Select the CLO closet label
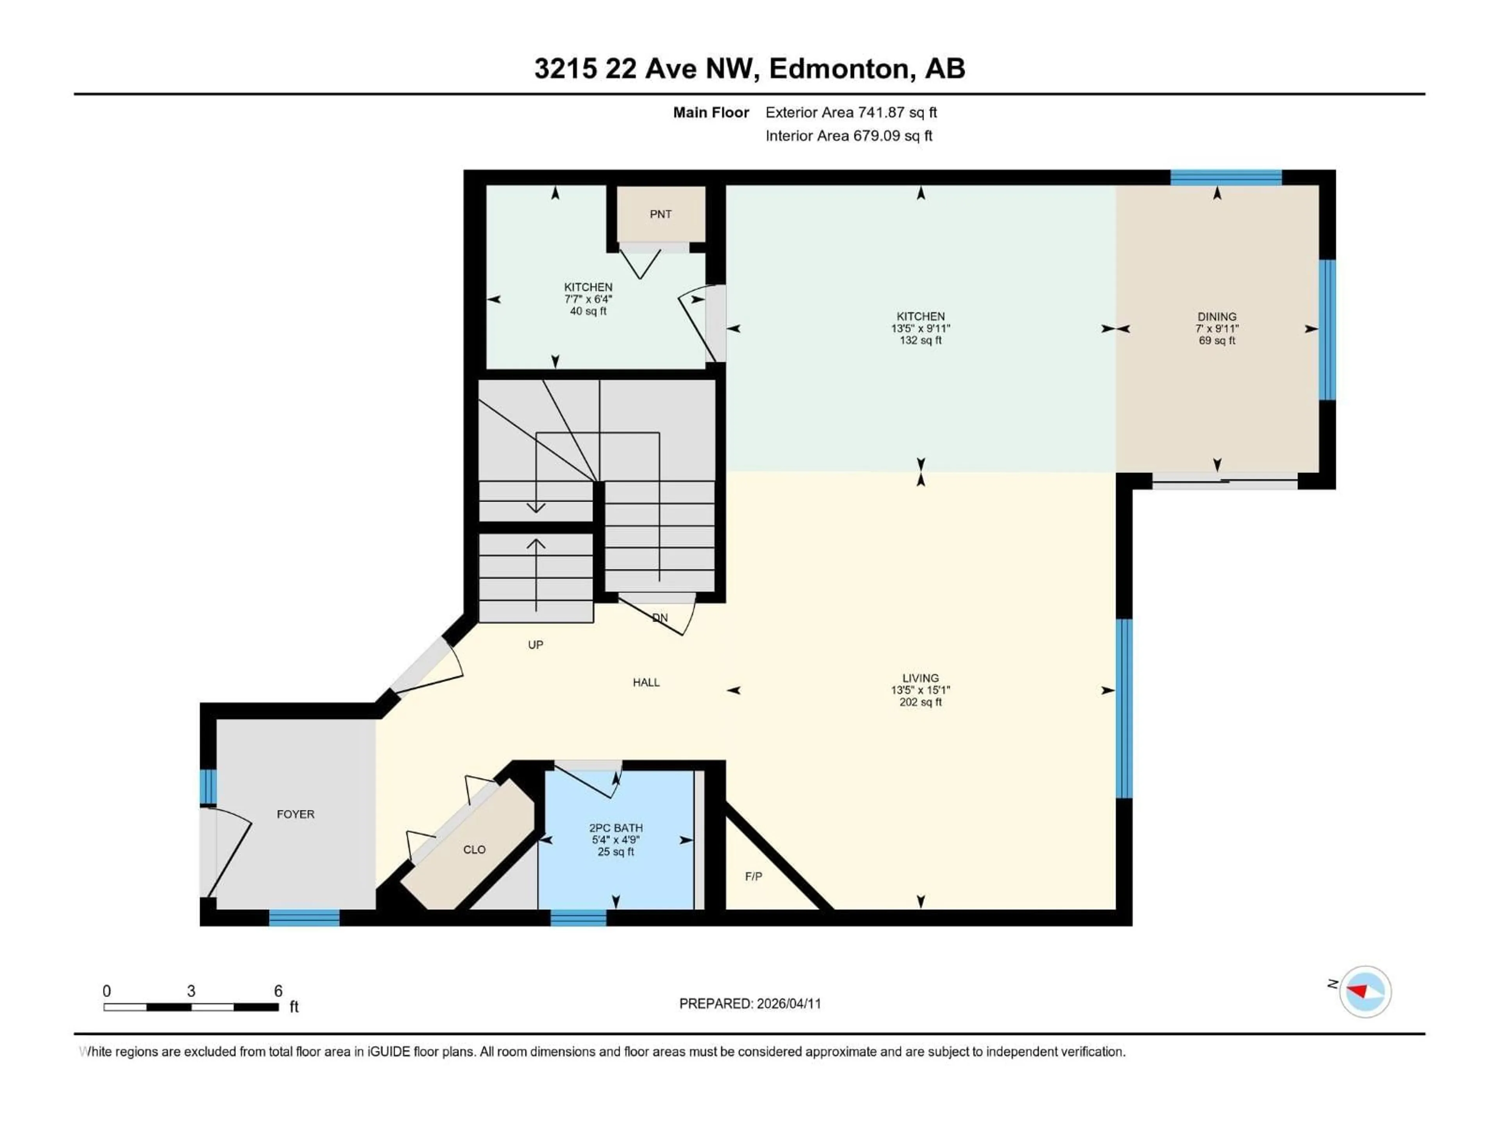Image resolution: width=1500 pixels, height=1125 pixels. [474, 850]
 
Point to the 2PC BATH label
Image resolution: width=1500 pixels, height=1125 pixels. [615, 828]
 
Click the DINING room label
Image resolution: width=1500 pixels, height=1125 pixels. [1216, 317]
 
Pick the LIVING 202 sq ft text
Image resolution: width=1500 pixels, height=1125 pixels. [920, 702]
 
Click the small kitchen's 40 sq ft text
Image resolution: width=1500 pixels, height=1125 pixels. [588, 311]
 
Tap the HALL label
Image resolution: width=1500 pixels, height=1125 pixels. [646, 682]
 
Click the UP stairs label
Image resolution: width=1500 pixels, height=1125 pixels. [535, 645]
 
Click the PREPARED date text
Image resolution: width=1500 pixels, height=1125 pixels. [750, 1004]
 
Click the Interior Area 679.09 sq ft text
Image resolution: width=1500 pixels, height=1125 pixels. [848, 136]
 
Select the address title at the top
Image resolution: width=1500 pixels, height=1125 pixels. [749, 68]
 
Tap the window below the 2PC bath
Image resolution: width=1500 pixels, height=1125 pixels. [578, 918]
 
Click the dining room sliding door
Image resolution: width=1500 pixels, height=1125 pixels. [1225, 482]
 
